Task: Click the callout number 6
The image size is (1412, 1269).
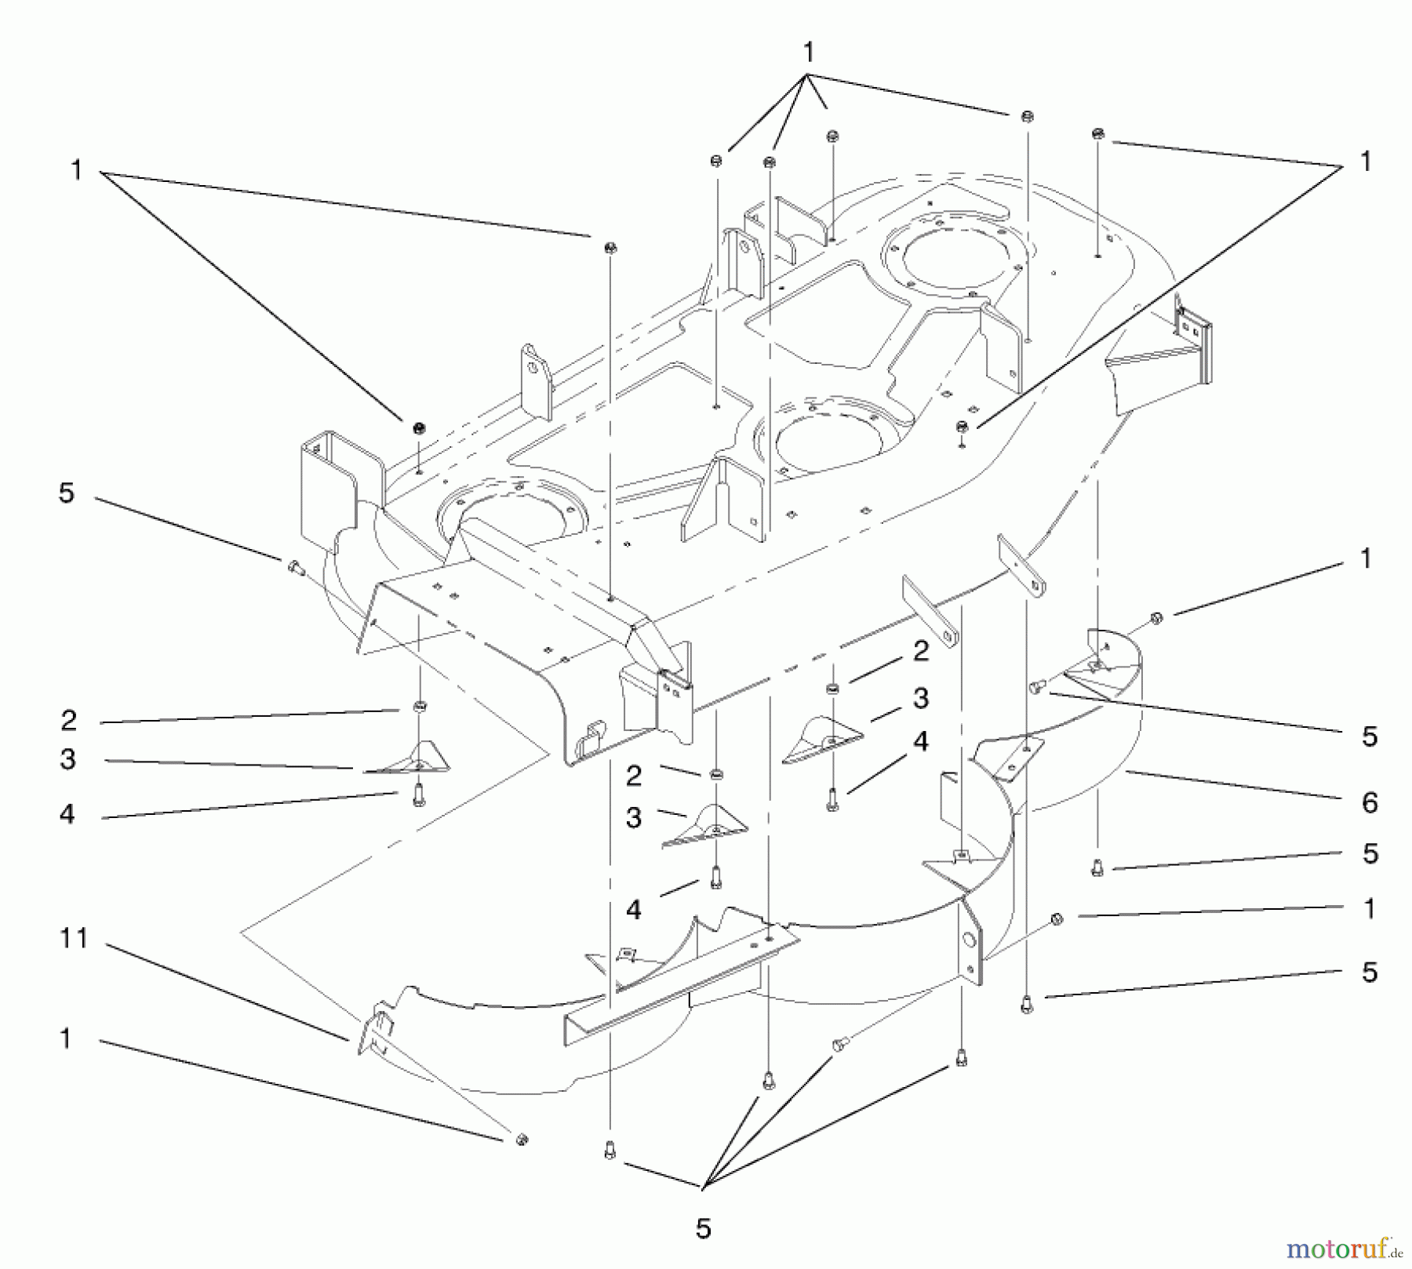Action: [1369, 802]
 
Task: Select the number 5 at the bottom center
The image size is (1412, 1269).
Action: [703, 1228]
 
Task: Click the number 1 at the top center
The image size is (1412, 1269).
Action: [808, 53]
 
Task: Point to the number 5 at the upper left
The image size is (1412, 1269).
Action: [67, 493]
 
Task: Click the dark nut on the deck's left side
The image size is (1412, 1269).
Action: [418, 429]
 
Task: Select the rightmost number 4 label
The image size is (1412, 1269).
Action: [919, 740]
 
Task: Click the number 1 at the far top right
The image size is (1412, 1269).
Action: [1366, 162]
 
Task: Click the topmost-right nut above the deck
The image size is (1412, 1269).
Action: [1098, 133]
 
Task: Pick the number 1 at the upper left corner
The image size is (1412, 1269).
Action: [76, 169]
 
